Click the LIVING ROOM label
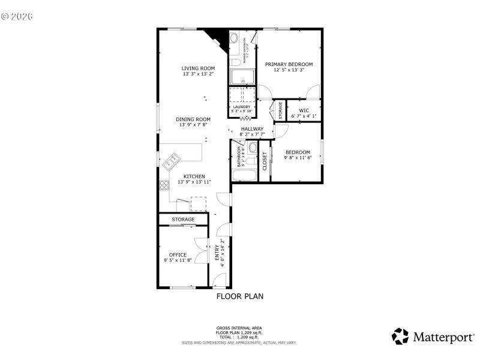198,68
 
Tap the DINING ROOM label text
193,119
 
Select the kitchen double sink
172,160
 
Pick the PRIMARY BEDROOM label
289,64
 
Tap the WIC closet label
304,110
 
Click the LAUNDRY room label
242,107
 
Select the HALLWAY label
253,129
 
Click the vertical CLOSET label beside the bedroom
264,161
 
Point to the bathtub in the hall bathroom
244,176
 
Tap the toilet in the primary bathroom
235,62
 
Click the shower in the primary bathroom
243,77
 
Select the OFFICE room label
178,254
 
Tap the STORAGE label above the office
183,220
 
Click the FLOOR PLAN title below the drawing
239,296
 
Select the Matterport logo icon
400,336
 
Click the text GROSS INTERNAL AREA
239,328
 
